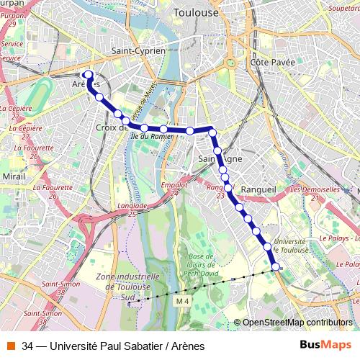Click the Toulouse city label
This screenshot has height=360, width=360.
196,13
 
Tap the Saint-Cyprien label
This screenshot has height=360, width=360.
139,51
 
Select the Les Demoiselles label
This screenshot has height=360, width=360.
315,189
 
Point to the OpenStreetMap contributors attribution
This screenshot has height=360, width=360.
297,322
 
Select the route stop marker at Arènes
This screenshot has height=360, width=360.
89,74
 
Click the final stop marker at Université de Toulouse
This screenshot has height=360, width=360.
276,267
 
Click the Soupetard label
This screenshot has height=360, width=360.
343,8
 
